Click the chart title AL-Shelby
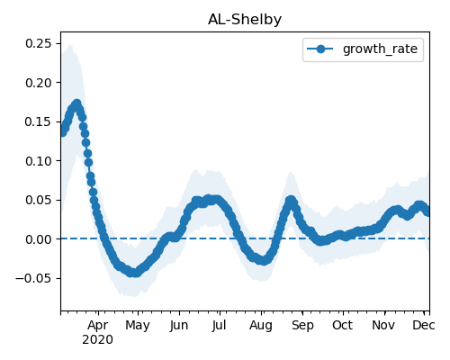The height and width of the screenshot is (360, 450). pyautogui.click(x=245, y=20)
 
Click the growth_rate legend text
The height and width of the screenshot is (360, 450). pyautogui.click(x=380, y=49)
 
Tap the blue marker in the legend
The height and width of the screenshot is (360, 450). pyautogui.click(x=320, y=49)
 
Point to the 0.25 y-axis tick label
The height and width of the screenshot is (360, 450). pyautogui.click(x=39, y=43)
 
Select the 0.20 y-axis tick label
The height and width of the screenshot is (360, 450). pyautogui.click(x=39, y=83)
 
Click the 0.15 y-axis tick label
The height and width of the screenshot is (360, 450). pyautogui.click(x=39, y=121)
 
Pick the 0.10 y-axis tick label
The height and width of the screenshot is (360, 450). pyautogui.click(x=39, y=161)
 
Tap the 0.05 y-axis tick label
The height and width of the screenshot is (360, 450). pyautogui.click(x=39, y=200)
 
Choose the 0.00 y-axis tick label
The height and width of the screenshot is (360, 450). pyautogui.click(x=39, y=239)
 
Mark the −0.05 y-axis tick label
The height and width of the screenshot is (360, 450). pyautogui.click(x=33, y=278)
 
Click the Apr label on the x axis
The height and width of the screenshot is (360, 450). pyautogui.click(x=98, y=326)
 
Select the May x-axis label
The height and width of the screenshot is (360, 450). pyautogui.click(x=138, y=326)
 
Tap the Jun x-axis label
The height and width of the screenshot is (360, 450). pyautogui.click(x=179, y=326)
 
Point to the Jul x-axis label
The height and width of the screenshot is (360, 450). pyautogui.click(x=219, y=326)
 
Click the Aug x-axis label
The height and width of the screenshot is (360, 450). pyautogui.click(x=261, y=326)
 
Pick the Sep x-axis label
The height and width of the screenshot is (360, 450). pyautogui.click(x=302, y=326)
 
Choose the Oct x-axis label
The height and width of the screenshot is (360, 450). pyautogui.click(x=342, y=325)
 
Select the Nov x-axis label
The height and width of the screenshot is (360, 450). pyautogui.click(x=383, y=325)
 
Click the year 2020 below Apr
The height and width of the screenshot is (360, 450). pyautogui.click(x=98, y=340)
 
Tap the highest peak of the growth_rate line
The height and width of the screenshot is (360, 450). pyautogui.click(x=77, y=103)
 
